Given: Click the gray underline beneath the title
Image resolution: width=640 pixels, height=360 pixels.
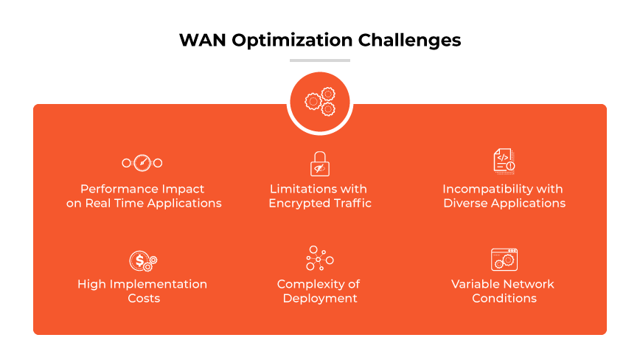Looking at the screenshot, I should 320,60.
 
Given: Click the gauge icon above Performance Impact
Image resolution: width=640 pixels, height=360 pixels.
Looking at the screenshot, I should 142,162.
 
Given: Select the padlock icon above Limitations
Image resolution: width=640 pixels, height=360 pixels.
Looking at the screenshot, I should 319,163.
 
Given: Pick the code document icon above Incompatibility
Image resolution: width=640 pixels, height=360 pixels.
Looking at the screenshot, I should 504,161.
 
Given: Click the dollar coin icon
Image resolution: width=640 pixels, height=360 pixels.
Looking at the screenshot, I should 142,260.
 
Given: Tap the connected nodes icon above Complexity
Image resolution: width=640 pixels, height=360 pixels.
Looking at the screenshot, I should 319,259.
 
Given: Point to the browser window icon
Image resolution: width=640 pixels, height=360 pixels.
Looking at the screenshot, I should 504,259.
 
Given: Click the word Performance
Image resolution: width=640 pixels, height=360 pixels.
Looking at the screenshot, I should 115,189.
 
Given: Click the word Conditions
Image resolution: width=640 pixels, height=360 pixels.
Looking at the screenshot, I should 504,298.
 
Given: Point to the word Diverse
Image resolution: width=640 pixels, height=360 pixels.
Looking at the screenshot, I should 467,203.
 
